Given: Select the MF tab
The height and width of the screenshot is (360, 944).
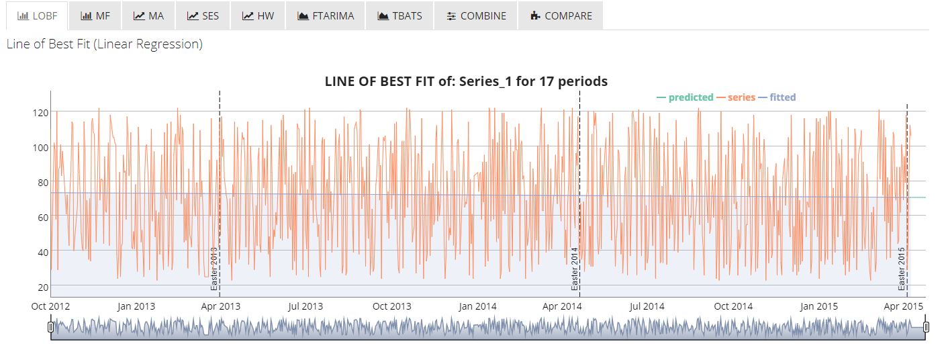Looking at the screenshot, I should coord(95,15).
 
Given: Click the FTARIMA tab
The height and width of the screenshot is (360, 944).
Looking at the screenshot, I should coord(325,15).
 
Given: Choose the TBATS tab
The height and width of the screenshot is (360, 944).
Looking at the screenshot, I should coord(399,15).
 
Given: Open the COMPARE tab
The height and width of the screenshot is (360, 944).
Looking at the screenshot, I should coord(561,15).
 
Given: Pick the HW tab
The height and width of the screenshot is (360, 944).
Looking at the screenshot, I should coord(258,15).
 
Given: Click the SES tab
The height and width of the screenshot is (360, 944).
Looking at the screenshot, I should coord(203,15).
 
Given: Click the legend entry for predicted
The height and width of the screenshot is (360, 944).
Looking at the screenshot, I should coord(685,97).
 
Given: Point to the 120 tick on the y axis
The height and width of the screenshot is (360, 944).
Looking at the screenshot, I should coord(40,112).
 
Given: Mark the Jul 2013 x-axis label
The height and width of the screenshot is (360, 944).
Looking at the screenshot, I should coord(305,306).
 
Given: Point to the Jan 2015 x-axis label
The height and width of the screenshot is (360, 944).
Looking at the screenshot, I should coord(818,306).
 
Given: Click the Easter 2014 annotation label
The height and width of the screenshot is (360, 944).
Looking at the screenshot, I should coord(575,269).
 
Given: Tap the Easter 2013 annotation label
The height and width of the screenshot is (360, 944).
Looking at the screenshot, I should coord(214,269).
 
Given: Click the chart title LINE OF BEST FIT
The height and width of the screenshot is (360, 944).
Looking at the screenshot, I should coord(466,81).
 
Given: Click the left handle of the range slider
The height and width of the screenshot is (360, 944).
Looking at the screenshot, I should coord(51,327).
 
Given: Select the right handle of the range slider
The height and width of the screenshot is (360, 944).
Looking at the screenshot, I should coord(926,327).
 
